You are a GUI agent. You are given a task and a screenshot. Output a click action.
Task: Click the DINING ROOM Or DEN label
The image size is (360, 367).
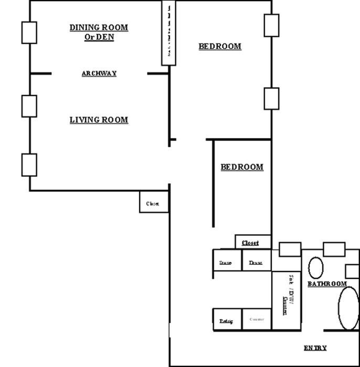pyautogui.click(x=99, y=33)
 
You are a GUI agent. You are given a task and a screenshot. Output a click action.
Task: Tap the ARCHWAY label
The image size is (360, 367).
pyautogui.click(x=99, y=73)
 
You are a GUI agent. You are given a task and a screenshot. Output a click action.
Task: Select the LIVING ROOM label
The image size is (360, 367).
pyautogui.click(x=99, y=120)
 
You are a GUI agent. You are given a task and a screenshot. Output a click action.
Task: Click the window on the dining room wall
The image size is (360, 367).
pyautogui.click(x=28, y=33)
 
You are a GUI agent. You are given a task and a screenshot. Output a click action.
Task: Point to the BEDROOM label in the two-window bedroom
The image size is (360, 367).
pyautogui.click(x=220, y=46)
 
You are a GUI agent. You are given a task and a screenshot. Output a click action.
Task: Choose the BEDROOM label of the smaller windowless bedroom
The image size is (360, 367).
pyautogui.click(x=241, y=167)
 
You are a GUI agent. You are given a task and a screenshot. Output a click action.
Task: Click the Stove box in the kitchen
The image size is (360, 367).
pyautogui.click(x=226, y=262)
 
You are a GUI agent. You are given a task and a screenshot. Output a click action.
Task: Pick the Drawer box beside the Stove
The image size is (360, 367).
pyautogui.click(x=256, y=262)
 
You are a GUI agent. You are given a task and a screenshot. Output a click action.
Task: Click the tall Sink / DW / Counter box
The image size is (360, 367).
pyautogui.click(x=287, y=300)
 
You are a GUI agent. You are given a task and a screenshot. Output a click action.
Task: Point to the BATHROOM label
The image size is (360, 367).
pyautogui.click(x=327, y=284)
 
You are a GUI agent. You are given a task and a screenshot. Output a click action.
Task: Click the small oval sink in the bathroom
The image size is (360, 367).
pyautogui.click(x=315, y=267)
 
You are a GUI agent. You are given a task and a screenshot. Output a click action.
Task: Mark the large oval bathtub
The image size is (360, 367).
pyautogui.click(x=347, y=307)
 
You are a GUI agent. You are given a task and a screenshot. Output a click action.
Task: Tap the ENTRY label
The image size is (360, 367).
pyautogui.click(x=315, y=348)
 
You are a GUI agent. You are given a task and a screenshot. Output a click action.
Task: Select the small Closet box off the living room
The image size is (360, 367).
pyautogui.click(x=153, y=203)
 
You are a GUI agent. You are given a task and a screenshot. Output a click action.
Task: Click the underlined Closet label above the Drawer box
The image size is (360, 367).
pyautogui.click(x=250, y=243)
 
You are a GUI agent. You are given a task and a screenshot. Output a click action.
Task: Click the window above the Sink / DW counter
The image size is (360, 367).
pyautogui.click(x=289, y=249)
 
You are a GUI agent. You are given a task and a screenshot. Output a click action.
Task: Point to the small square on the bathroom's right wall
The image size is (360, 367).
pyautogui.click(x=352, y=271)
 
